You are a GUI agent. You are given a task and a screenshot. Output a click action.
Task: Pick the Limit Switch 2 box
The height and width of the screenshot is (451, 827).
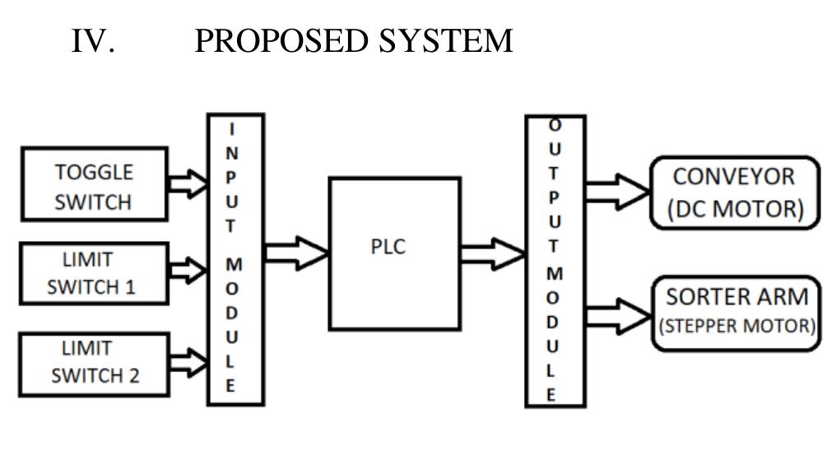click(x=94, y=362)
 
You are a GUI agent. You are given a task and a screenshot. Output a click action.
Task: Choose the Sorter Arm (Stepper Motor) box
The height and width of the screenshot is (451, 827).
click(x=736, y=309)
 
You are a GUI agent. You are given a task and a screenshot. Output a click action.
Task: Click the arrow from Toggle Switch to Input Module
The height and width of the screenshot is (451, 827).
click(x=188, y=184)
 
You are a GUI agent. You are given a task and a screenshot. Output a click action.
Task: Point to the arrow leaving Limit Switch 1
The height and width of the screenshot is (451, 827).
click(x=188, y=268)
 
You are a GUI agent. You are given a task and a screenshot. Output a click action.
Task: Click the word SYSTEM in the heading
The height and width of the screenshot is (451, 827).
click(x=445, y=40)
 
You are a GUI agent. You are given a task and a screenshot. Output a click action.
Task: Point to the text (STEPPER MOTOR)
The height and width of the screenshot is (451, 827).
click(x=736, y=324)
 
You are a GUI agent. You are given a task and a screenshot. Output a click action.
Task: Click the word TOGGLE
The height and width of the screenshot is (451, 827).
click(x=94, y=173)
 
